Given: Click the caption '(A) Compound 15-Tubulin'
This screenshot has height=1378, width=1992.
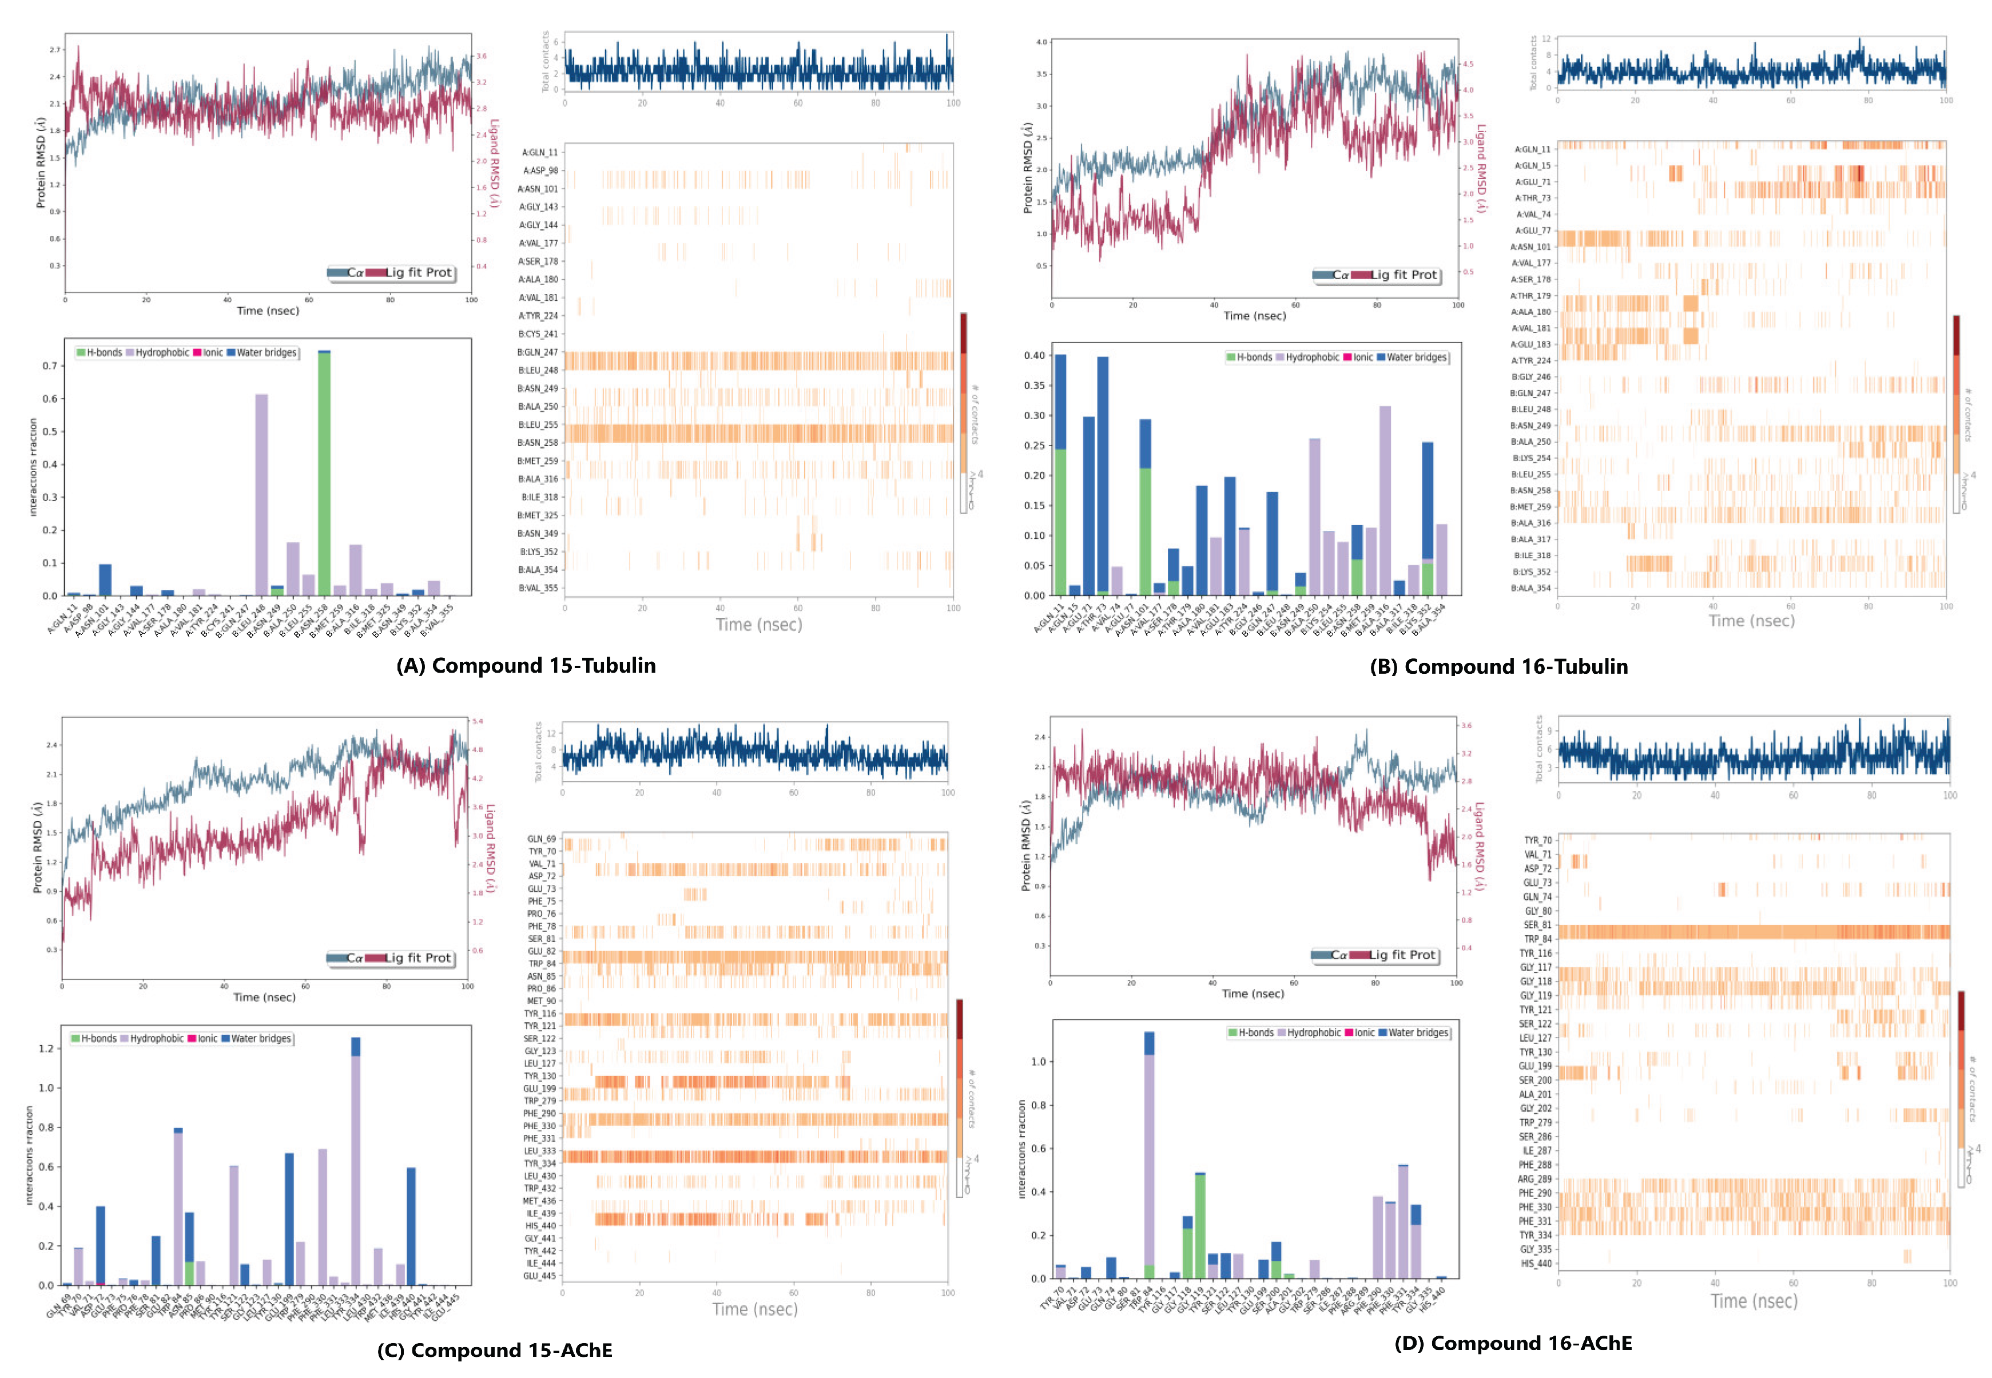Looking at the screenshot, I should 526,666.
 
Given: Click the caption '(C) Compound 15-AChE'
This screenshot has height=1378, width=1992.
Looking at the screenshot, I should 495,1351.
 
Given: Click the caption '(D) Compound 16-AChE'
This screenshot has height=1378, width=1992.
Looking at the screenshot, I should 1512,1344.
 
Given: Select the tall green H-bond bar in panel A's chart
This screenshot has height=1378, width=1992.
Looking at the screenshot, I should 324,475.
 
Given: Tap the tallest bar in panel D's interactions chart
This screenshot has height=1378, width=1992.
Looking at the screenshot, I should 1149,1157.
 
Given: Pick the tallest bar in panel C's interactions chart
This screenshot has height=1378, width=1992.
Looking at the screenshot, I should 356,1166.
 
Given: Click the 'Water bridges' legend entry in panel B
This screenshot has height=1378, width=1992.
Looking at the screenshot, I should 1416,358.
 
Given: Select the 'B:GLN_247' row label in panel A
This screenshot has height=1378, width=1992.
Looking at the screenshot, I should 538,352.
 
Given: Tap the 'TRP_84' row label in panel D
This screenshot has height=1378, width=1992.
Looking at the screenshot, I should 1537,939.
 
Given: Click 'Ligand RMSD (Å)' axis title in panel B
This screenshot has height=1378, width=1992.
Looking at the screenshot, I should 1481,168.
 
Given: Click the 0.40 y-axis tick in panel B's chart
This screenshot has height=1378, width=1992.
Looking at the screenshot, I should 1034,356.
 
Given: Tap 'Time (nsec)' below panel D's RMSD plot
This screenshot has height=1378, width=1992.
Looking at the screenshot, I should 1253,994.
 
